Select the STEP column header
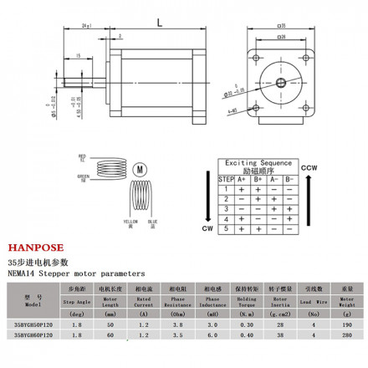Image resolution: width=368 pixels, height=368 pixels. pos(226,178)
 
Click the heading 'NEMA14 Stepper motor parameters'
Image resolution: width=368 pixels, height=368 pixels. pos(76,273)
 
